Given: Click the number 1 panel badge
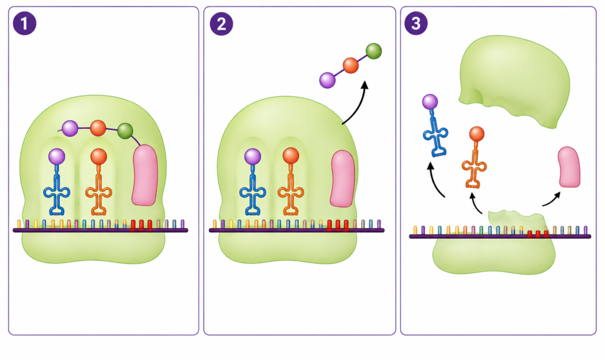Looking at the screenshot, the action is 25,24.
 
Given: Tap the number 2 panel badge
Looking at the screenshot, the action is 221,24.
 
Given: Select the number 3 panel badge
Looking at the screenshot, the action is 416,24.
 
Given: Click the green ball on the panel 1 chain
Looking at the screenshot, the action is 125,131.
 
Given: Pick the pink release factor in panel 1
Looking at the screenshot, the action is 145,175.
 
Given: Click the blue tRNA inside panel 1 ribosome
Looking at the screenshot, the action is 57,181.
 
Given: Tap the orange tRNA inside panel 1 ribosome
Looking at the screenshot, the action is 99,181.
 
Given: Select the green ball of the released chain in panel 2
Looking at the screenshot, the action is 373,51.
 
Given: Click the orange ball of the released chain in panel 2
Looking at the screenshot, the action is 351,66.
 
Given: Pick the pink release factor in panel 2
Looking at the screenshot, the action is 343,179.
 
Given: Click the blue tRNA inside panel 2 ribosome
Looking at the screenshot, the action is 253,181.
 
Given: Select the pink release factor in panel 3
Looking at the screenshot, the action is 570,167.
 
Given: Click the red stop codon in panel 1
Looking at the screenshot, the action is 141,226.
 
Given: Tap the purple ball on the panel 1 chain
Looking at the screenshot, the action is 70,128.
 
